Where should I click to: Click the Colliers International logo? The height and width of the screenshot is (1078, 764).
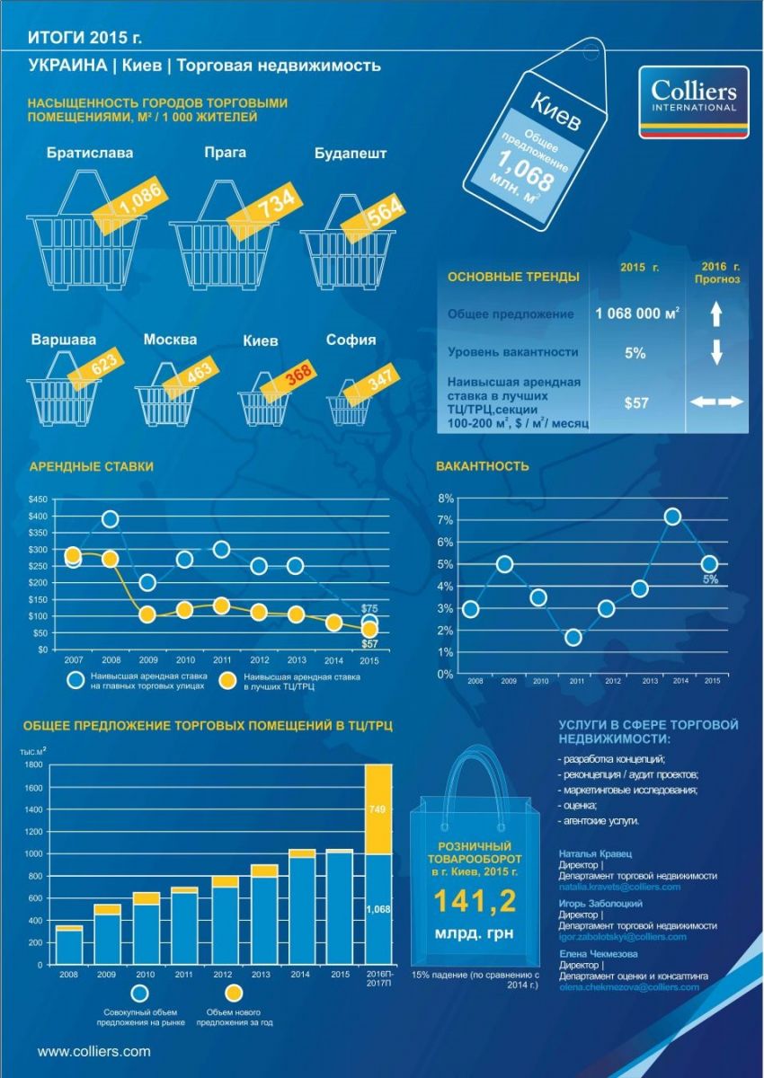point(693,102)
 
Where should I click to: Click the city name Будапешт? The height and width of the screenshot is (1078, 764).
point(351,153)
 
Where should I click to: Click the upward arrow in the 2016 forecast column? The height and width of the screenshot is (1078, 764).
point(716,314)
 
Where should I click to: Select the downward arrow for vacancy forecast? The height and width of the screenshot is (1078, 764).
point(716,353)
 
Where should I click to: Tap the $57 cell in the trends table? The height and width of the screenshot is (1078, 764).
point(636,403)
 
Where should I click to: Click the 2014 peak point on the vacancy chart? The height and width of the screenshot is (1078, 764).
point(672,516)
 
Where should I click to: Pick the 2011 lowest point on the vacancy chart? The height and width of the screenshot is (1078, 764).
point(573,638)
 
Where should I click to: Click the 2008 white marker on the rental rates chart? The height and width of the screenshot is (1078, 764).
point(111,518)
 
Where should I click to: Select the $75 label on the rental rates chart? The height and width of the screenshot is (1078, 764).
point(369,608)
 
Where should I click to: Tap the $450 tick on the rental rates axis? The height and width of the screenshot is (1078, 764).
point(38,499)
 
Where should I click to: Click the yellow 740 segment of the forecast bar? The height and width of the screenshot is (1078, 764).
point(378,809)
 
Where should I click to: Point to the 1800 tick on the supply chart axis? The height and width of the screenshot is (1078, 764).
point(34,764)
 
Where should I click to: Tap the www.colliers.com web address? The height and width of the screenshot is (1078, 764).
point(93,1050)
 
